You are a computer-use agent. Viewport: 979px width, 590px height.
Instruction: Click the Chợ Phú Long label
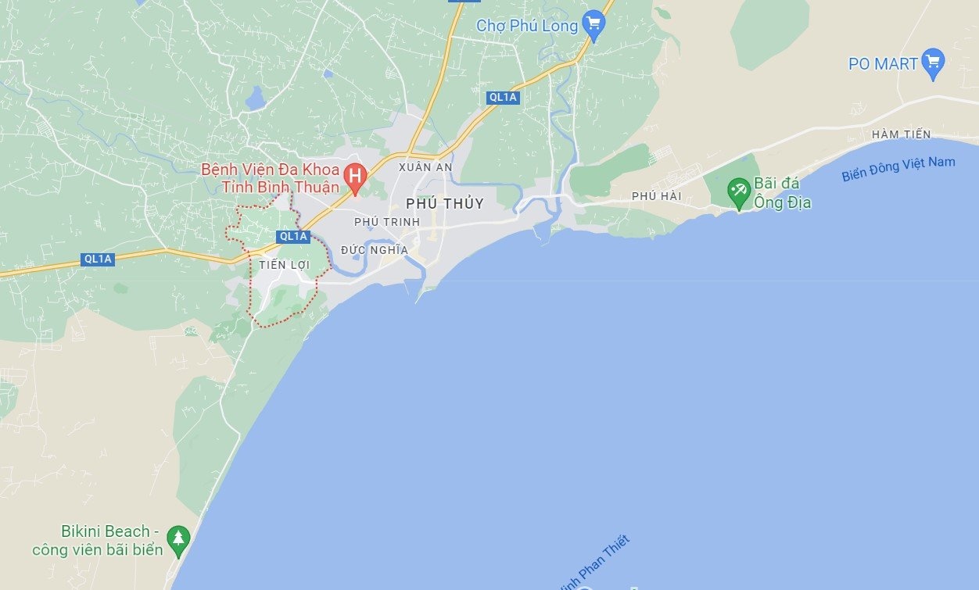pos(527,26)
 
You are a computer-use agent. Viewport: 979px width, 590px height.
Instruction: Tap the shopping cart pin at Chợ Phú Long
pos(594,26)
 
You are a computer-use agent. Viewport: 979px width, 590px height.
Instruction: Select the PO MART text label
pos(883,64)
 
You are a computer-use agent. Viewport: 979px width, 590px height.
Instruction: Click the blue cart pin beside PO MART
pos(933,63)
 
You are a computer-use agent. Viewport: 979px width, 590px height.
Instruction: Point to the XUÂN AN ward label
pos(425,167)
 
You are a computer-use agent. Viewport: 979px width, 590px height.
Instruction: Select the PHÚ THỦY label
pos(445,204)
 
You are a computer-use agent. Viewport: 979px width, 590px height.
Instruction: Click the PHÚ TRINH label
pos(387,222)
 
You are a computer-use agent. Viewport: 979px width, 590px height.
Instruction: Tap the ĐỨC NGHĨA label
pos(375,250)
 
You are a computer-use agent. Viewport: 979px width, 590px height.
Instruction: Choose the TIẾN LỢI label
pos(285,265)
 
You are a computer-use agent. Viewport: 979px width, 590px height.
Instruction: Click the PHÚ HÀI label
pos(657,196)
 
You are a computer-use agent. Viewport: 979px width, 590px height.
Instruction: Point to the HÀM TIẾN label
pos(901,134)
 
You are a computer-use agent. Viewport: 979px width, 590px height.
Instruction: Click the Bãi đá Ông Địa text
pos(782,194)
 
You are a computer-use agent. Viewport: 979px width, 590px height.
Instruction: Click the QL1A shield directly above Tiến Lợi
pos(293,236)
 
